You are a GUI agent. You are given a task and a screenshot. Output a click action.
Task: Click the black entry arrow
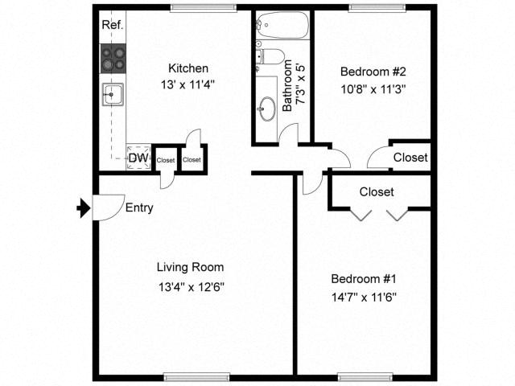tap(82, 209)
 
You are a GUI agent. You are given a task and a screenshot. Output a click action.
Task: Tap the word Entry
tap(139, 208)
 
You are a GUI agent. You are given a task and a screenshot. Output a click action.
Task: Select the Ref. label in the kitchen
tap(113, 26)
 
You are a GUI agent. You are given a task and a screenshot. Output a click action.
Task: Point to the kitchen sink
tap(112, 96)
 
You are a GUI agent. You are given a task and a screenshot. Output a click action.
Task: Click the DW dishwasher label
tap(138, 158)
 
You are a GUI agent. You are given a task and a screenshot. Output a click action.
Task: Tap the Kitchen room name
tap(188, 68)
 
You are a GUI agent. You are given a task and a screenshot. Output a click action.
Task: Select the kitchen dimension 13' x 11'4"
tap(188, 84)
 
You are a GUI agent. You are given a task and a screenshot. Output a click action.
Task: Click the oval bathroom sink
tap(267, 108)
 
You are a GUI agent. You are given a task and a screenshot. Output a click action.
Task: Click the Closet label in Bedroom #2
tap(410, 158)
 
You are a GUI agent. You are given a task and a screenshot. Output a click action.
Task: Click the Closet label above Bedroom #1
tap(377, 192)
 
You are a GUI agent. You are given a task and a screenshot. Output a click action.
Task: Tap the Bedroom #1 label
tap(365, 279)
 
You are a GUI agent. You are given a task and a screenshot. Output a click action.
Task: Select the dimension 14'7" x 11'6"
tap(365, 297)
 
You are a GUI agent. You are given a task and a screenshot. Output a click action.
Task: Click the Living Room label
tap(190, 267)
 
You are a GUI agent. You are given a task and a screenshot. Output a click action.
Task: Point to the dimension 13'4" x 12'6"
tap(190, 285)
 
